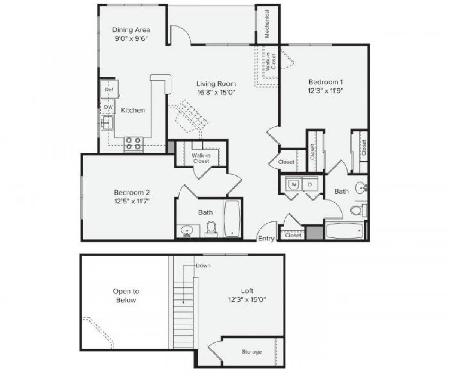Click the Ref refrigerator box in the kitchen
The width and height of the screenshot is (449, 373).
[x=109, y=90]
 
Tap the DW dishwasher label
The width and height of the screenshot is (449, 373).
[x=109, y=107]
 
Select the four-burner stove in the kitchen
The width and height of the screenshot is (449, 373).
[x=134, y=144]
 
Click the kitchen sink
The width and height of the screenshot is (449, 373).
[x=107, y=122]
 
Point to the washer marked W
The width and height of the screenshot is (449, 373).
[x=294, y=184]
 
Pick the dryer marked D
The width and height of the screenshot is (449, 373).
[x=310, y=184]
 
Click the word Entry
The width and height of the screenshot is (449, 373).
[x=266, y=239]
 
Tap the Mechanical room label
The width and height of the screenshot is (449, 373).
[x=267, y=24]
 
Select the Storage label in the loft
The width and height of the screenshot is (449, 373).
[x=252, y=352]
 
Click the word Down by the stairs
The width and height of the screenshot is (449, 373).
[x=203, y=266]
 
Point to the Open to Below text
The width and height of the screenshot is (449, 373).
[x=126, y=296]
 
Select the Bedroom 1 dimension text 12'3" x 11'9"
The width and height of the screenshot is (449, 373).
[x=326, y=90]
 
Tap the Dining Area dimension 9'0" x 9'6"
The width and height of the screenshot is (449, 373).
[x=131, y=38]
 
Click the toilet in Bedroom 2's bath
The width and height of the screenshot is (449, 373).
[x=211, y=228]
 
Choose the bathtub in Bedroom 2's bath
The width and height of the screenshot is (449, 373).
[x=233, y=218]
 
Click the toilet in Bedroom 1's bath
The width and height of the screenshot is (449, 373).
[x=357, y=210]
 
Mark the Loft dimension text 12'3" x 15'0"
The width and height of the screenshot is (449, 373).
[x=247, y=299]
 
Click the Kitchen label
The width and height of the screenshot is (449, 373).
[x=133, y=110]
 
